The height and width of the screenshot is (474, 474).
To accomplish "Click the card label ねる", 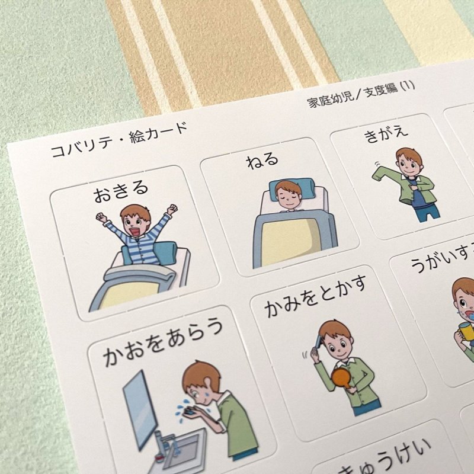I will pos(263,160).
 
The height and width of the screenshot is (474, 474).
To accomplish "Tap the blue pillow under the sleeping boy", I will pos(289,188).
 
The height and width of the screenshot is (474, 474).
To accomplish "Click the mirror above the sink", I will pos(140,403).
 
